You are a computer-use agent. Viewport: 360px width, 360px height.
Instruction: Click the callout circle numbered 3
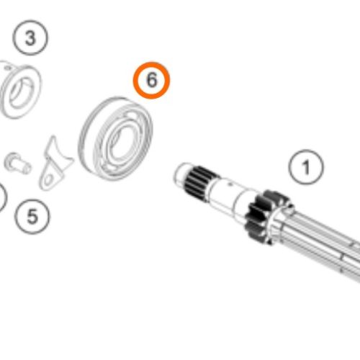pos(30,37)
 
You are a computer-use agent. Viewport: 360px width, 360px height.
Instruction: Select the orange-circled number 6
pos(152,80)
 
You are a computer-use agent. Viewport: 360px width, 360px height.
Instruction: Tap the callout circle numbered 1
pos(306,167)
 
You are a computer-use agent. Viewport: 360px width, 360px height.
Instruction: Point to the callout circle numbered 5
pos(32,217)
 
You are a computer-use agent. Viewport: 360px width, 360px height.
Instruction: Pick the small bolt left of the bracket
pos(18,163)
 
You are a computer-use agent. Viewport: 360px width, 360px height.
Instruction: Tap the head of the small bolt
pos(12,161)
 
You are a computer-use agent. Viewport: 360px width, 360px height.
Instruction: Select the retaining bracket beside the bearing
pos(55,163)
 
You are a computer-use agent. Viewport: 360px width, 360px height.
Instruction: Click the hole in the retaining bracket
pos(49,179)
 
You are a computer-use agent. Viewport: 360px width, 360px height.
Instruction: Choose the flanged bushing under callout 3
pos(19,91)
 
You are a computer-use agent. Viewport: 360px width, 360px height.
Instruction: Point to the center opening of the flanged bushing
pos(20,92)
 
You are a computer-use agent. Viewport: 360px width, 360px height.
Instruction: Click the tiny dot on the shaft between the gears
pos(230,184)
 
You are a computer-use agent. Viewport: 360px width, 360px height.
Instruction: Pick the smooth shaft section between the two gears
pos(230,194)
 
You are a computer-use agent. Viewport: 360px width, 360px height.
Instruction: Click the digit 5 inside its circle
pos(32,217)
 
